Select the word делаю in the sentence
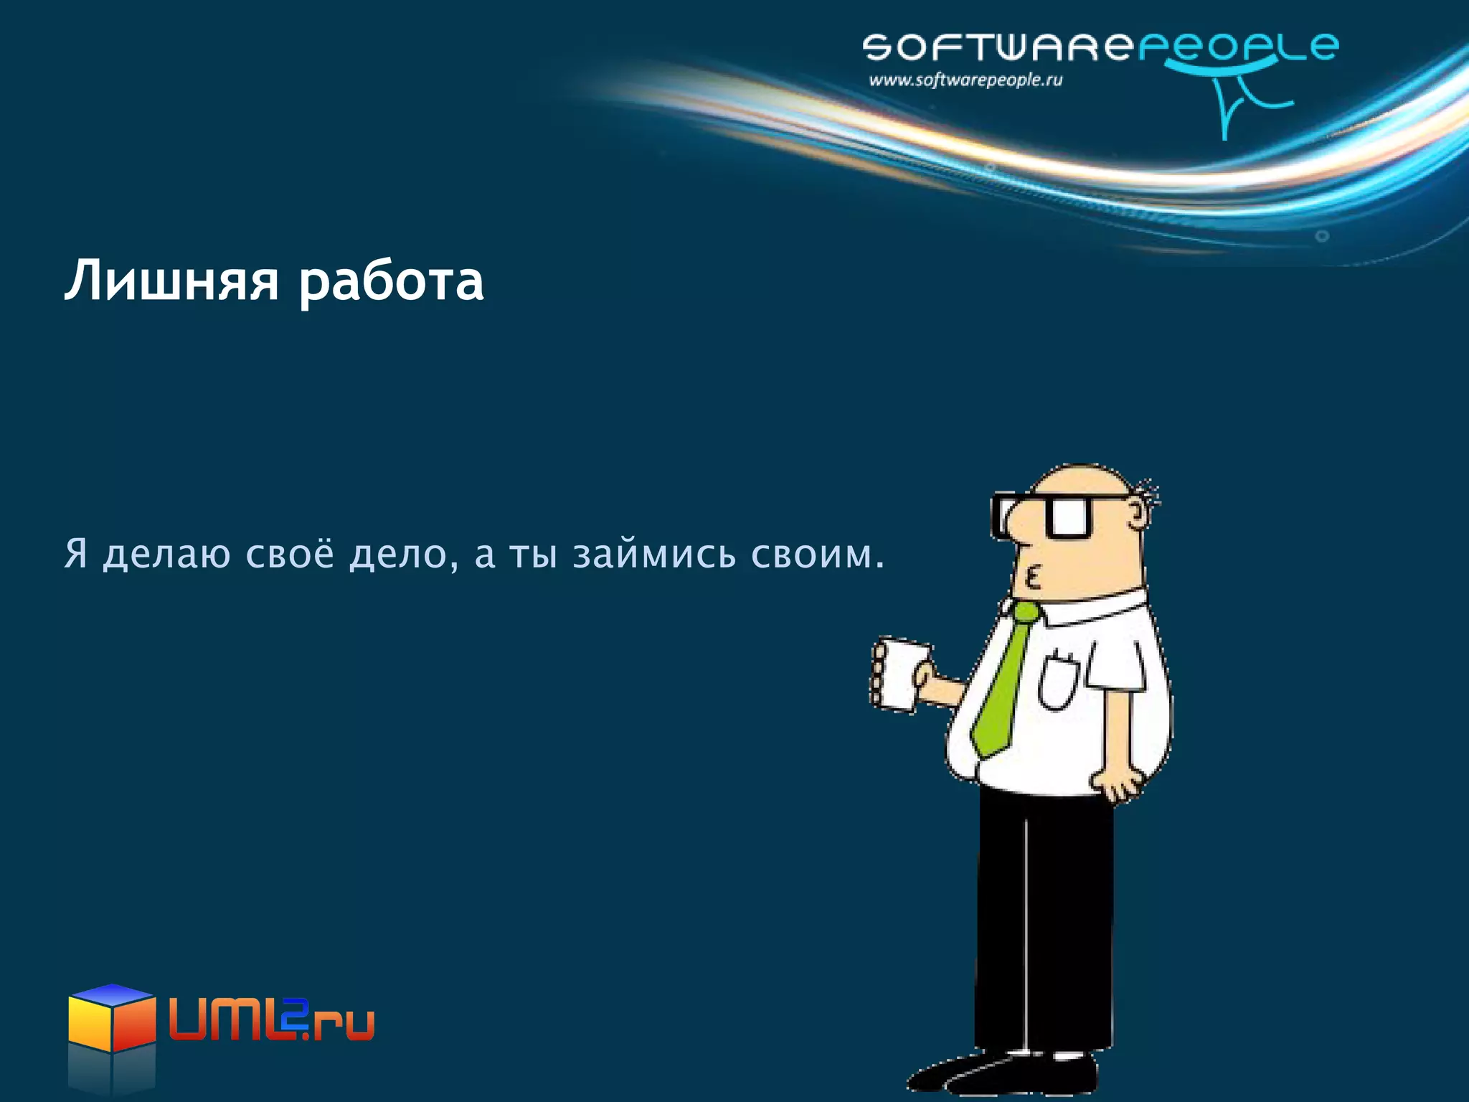167,555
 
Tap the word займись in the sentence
654,555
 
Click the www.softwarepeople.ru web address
965,80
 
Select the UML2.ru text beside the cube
272,1018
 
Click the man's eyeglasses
1047,515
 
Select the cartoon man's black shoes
1004,1075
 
